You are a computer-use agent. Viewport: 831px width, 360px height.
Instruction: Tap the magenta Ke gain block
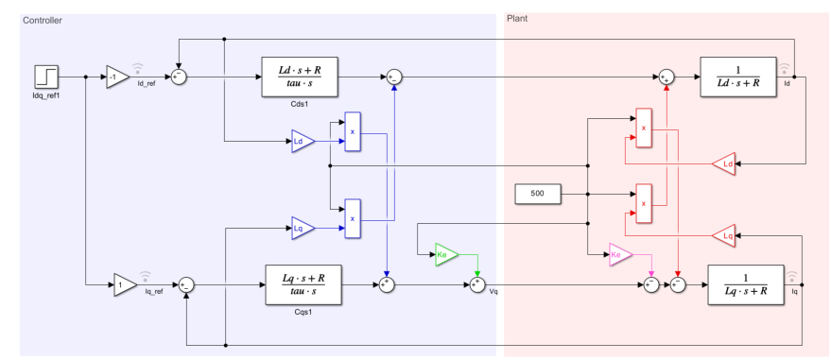(620, 255)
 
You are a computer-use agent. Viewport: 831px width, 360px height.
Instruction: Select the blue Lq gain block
(303, 228)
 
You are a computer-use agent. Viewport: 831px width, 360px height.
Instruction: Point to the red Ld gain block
(724, 164)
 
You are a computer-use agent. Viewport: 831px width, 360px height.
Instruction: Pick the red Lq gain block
(724, 233)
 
